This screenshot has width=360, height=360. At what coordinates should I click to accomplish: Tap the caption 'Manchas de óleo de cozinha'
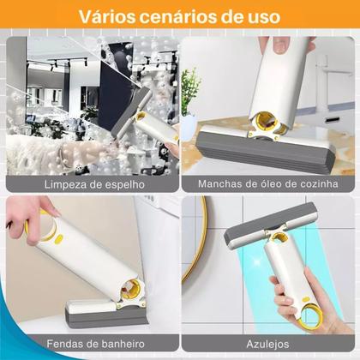[267, 184]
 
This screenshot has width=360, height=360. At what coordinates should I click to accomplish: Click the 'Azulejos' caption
[267, 343]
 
